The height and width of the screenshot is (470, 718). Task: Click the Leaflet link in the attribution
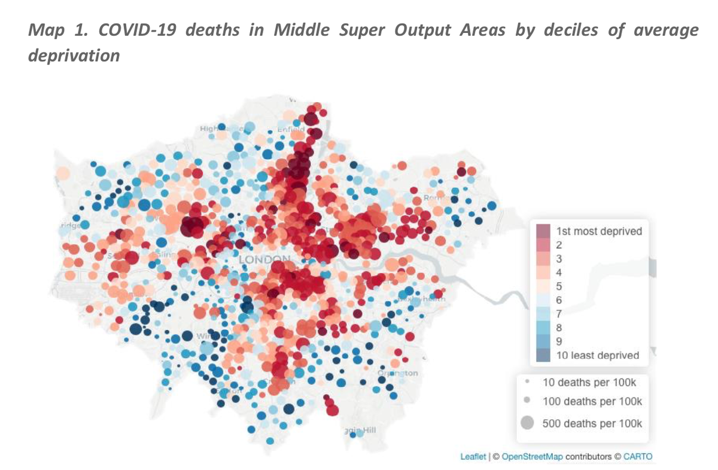[473, 457]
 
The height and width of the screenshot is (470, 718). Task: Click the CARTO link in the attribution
[638, 457]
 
